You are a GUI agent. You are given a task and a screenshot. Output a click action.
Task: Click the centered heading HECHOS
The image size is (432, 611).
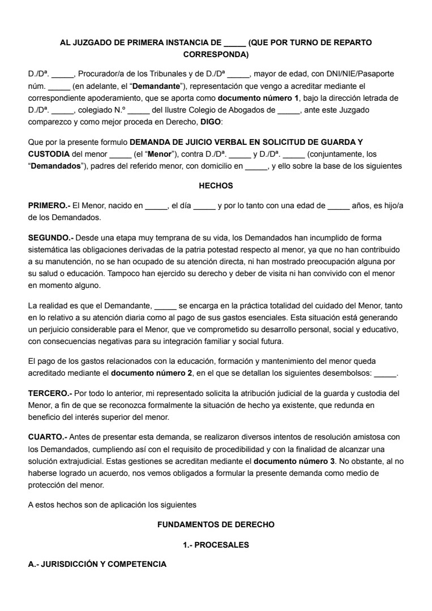pyautogui.click(x=216, y=186)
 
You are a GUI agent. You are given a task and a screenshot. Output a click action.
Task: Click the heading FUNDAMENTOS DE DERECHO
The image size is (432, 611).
pyautogui.click(x=216, y=524)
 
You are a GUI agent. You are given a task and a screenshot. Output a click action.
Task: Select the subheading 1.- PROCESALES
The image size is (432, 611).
pyautogui.click(x=216, y=544)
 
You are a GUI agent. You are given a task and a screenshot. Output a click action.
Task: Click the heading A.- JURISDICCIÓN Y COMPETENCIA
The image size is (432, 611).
pyautogui.click(x=97, y=564)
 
